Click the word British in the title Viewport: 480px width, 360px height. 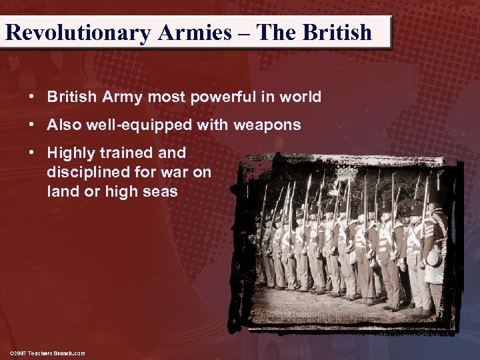(x=336, y=32)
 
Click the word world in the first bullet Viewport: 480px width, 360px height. (x=301, y=97)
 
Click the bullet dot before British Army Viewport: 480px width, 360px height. (x=31, y=97)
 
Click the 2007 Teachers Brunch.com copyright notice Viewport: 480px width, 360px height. (x=47, y=353)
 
